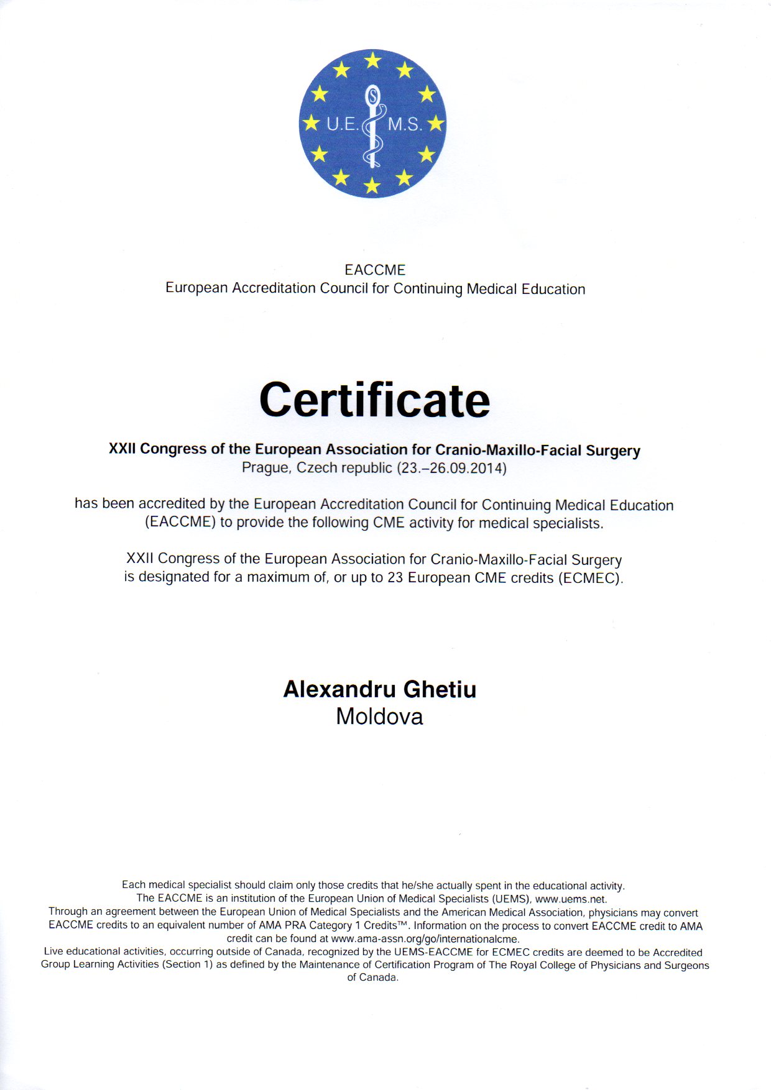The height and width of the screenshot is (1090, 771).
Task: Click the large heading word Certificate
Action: click(374, 400)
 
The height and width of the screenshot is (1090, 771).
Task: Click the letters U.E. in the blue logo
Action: click(341, 124)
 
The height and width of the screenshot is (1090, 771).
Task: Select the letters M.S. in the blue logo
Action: click(405, 124)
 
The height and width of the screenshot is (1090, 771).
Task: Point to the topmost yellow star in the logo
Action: click(372, 60)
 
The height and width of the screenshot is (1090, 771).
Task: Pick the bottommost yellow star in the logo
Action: click(372, 185)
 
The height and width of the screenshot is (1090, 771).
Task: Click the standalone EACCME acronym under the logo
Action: click(375, 270)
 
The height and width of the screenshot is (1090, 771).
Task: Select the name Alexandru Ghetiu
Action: click(379, 689)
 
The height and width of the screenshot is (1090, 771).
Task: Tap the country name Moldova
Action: click(379, 717)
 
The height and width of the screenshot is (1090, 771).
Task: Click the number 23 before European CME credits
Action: click(395, 577)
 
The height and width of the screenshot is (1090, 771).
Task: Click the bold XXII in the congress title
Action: click(122, 449)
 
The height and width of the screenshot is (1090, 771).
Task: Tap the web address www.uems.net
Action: click(570, 899)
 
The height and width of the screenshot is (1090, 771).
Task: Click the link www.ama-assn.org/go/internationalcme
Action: click(425, 939)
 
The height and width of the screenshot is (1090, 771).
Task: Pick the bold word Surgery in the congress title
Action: click(613, 451)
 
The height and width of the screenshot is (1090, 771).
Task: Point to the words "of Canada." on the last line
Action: click(372, 978)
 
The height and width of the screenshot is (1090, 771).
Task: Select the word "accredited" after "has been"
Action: click(172, 504)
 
